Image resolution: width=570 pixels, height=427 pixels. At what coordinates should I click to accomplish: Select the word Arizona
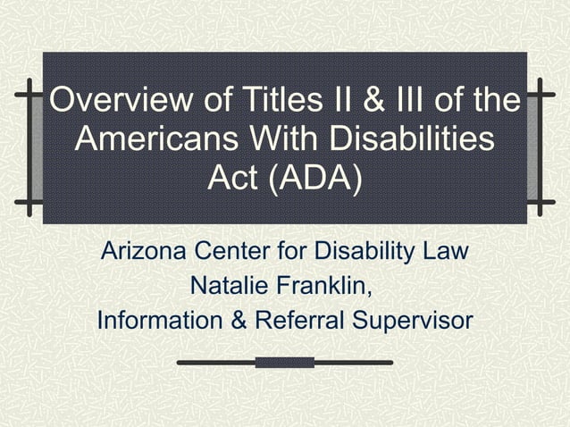point(145,251)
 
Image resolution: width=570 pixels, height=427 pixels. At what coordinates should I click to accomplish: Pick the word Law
point(445,251)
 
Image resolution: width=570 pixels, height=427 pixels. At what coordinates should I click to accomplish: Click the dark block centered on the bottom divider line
point(284,362)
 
